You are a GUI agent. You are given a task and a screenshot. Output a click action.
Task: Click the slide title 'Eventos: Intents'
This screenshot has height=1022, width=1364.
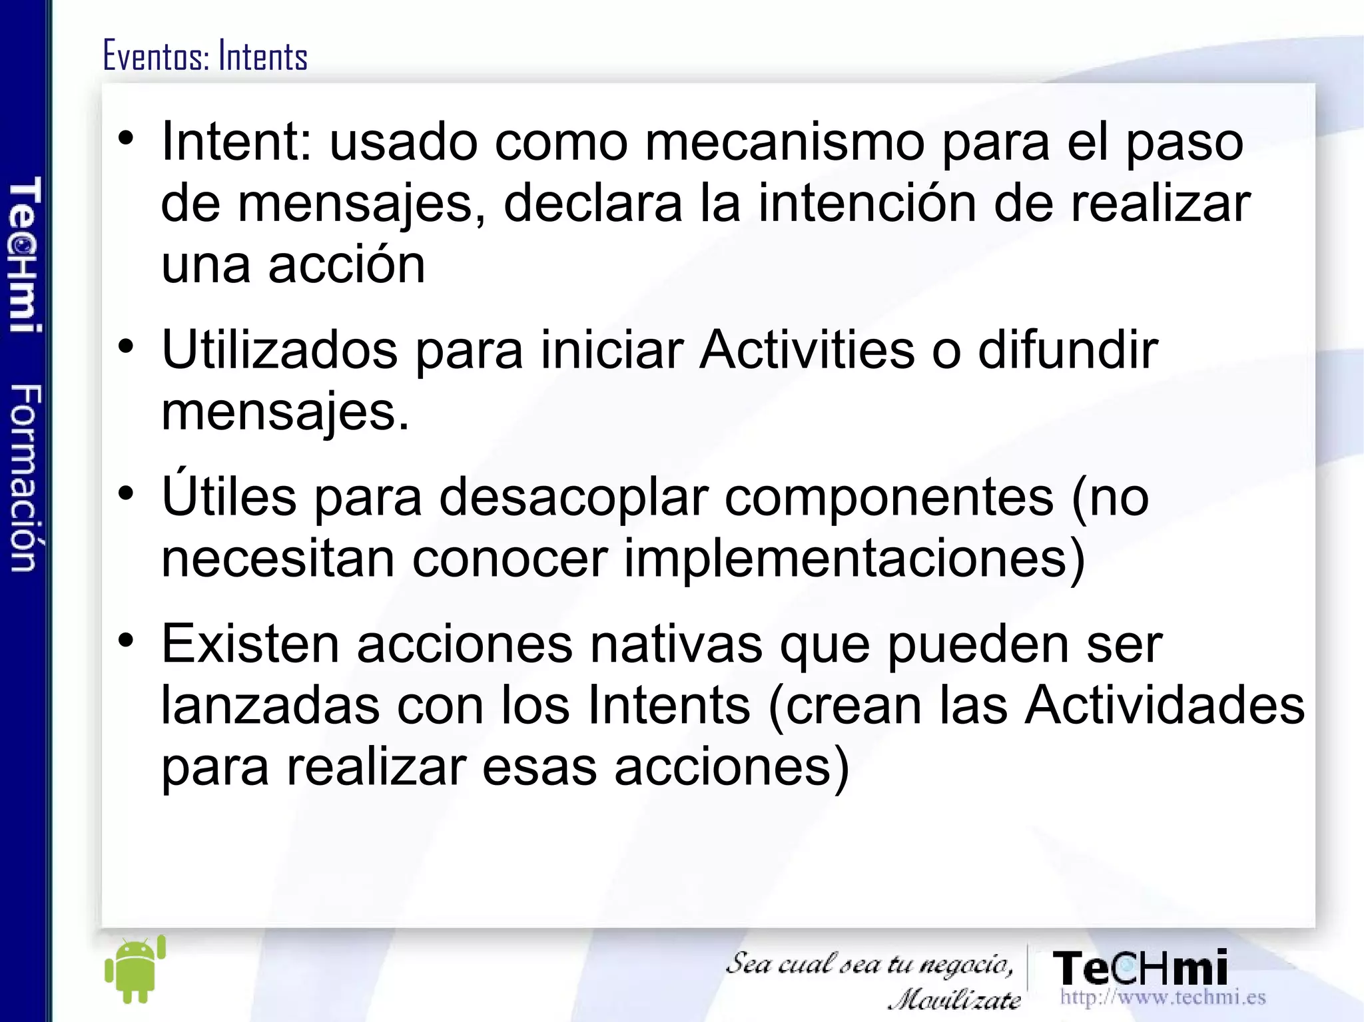[x=205, y=57]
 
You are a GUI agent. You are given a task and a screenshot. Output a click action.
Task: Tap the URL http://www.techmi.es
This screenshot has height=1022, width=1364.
[x=1162, y=997]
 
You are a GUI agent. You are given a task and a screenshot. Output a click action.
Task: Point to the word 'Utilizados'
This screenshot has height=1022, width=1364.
[x=279, y=350]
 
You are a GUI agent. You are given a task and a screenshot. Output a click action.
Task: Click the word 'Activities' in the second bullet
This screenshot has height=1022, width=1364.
[x=807, y=350]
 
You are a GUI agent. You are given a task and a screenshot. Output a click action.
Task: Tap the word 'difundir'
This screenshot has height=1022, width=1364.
[x=1068, y=350]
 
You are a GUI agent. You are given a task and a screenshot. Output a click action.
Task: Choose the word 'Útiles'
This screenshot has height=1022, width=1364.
[x=228, y=496]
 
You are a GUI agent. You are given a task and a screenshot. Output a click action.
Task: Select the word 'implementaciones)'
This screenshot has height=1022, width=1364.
[x=854, y=559]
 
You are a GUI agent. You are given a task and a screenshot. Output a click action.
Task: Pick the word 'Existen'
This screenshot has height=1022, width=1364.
[x=250, y=644]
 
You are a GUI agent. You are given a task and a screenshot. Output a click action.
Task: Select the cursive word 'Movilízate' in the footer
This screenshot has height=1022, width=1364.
[x=954, y=999]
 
